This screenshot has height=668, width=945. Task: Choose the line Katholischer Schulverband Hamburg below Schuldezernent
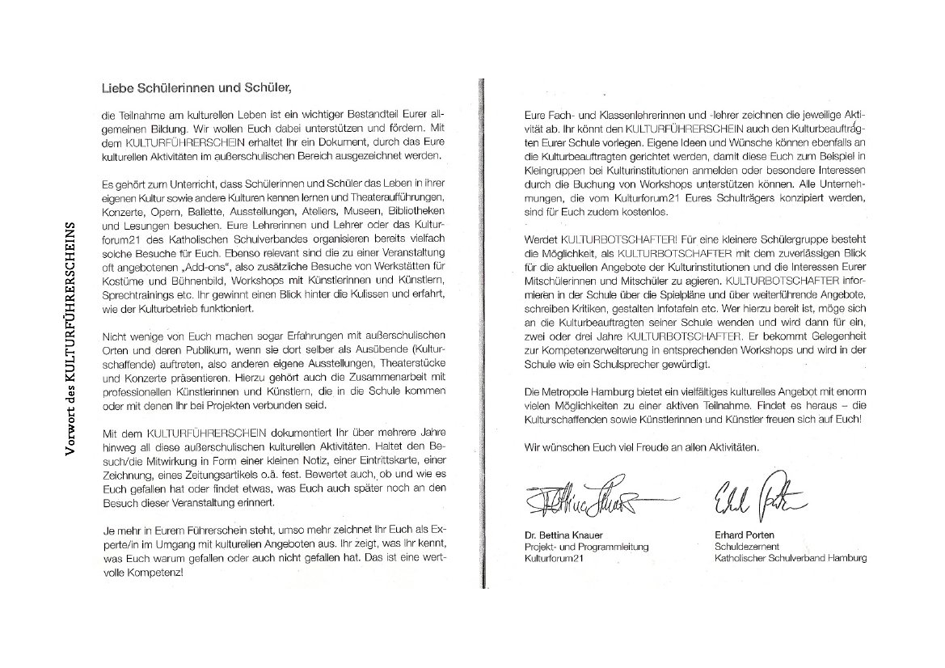790,558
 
